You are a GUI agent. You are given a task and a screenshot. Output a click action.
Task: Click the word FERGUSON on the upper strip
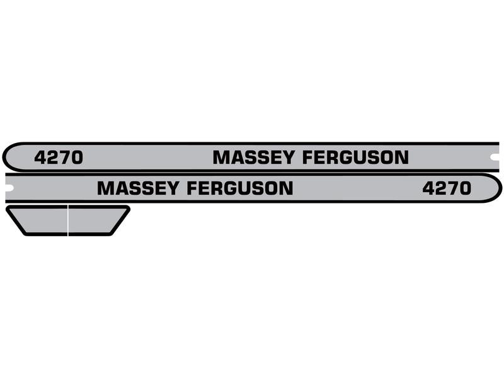355,157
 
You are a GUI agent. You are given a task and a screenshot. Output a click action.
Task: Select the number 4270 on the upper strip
58,157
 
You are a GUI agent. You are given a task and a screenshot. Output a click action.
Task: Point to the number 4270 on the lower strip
447,188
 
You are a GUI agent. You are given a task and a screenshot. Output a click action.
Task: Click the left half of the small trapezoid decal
39,220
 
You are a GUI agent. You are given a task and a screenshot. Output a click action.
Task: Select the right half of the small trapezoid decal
96,220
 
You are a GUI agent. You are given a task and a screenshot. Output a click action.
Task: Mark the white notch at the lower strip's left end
9,186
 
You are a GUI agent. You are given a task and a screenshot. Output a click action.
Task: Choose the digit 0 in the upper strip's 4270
76,157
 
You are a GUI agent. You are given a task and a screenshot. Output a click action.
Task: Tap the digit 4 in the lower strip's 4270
428,188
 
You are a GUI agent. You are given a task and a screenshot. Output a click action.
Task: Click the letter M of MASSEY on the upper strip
221,157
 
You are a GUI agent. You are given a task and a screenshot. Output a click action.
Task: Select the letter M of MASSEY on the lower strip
106,188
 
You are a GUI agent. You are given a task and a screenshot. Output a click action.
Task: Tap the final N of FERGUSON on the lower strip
285,188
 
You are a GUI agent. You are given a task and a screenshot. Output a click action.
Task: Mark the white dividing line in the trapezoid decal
68,220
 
